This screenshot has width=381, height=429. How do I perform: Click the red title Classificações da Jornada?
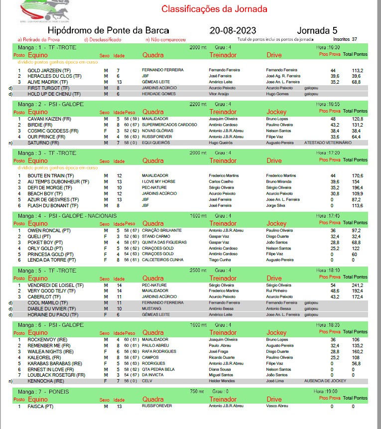(214, 9)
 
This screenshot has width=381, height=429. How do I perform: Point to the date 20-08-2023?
(233, 30)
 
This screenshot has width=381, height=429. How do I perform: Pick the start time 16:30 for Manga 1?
(328, 47)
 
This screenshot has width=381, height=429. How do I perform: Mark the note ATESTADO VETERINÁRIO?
(328, 143)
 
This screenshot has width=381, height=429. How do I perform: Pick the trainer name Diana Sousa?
(221, 369)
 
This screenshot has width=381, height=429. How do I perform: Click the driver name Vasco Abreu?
(277, 406)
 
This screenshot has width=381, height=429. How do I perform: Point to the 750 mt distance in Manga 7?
(198, 392)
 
